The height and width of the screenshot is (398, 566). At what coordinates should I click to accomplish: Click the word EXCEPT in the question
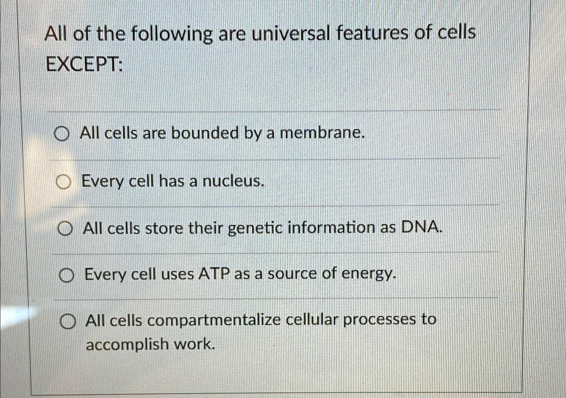(x=83, y=65)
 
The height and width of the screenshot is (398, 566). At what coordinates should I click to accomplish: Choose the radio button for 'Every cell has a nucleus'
(x=64, y=183)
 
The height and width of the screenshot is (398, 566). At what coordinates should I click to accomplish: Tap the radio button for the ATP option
(x=66, y=276)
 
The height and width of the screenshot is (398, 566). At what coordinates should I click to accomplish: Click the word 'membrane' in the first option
(x=321, y=133)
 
